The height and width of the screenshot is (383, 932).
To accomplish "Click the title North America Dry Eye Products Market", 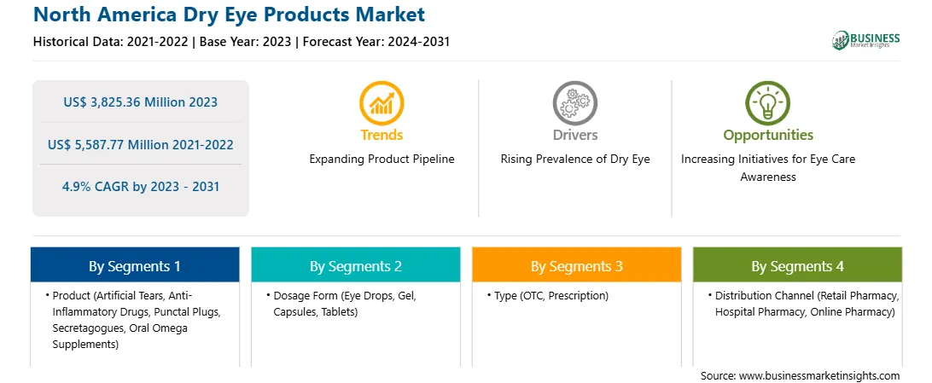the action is click(x=229, y=15).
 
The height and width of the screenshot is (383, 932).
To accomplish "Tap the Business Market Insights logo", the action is click(x=866, y=40).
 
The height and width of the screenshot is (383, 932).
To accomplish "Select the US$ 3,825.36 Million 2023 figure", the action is click(x=140, y=102).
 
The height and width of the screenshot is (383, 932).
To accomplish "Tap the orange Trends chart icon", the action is click(x=382, y=102).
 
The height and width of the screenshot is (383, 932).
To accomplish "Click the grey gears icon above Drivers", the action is click(x=574, y=102).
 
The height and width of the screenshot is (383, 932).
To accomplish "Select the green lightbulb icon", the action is click(x=767, y=102).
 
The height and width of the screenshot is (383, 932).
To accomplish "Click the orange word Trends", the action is click(x=382, y=135).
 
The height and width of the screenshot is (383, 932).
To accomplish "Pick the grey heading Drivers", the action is click(x=574, y=135).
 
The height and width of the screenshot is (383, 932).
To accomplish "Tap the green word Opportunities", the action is click(x=768, y=136).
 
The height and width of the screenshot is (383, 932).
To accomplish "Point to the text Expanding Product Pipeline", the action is click(x=382, y=160).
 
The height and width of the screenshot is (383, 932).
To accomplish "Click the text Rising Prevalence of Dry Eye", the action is click(x=574, y=160).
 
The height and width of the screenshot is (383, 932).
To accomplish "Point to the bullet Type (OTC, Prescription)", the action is click(x=547, y=296).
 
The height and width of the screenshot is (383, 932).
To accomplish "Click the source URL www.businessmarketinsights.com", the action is click(x=819, y=375).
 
